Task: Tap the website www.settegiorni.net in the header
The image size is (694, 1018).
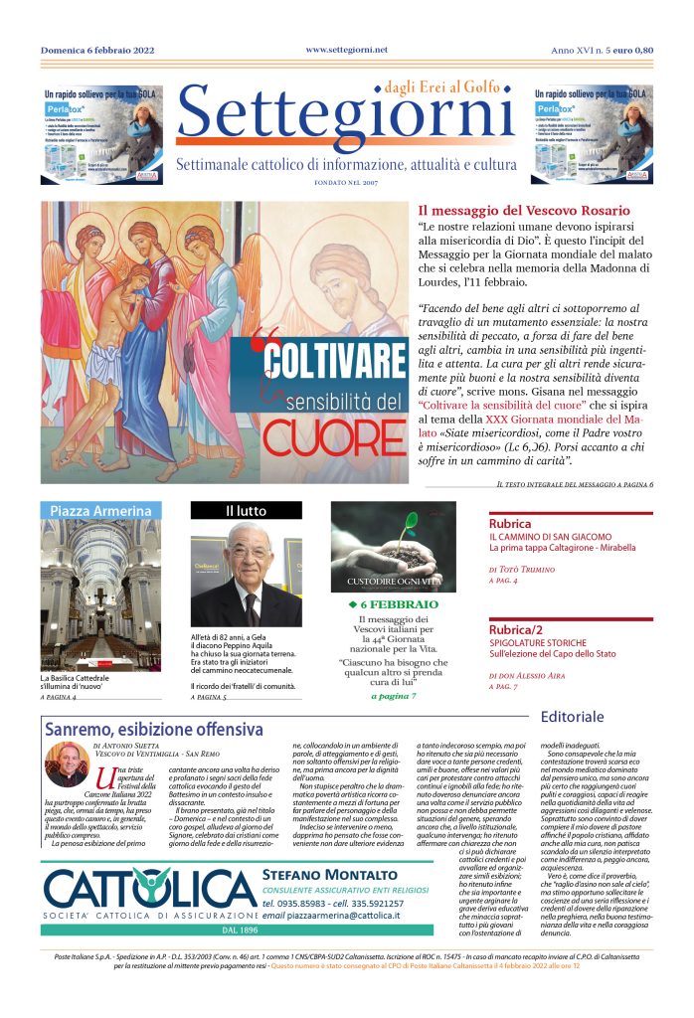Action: point(346,50)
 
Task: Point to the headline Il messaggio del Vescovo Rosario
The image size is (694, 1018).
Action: point(523,211)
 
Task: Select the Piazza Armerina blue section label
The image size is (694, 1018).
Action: point(100,511)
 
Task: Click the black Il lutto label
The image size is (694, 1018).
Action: point(246,511)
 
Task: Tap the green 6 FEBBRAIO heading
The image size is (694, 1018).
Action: point(393,604)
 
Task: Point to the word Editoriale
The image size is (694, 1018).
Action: point(573,716)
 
